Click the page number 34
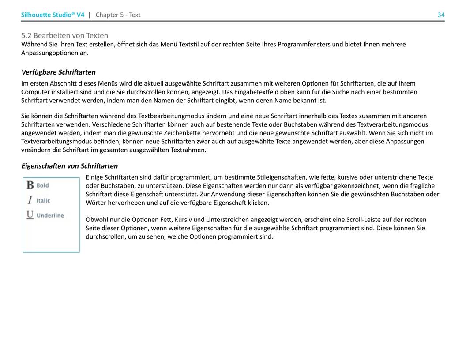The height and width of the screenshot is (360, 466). (441, 15)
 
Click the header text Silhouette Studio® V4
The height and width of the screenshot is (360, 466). (53, 15)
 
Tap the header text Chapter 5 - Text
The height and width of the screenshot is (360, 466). (118, 15)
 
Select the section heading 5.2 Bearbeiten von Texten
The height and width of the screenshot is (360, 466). (64, 35)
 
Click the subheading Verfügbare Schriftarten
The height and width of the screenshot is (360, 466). (58, 72)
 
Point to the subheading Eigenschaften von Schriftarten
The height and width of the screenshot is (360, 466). (69, 166)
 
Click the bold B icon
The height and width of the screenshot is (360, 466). (30, 185)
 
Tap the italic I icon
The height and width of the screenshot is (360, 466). (30, 200)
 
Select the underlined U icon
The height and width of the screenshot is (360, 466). (30, 215)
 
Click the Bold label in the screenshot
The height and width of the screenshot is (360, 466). (43, 186)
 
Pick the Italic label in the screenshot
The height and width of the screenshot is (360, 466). (43, 201)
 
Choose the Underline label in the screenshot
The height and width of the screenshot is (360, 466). (50, 215)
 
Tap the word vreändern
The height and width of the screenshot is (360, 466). (35, 150)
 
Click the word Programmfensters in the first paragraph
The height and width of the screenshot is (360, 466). (304, 45)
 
